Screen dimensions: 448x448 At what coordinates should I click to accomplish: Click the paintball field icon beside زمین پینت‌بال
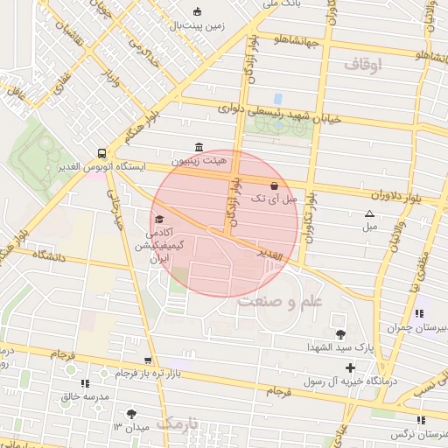point(197,11)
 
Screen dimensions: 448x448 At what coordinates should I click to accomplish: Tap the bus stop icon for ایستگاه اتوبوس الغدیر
point(102,150)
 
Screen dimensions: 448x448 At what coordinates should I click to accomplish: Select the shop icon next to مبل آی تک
point(275,185)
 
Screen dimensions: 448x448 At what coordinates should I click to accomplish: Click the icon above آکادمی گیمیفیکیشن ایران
point(158,219)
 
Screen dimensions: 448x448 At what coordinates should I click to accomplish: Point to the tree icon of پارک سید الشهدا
point(340,334)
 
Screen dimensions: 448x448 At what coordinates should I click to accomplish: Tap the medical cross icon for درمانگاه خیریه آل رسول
point(351,367)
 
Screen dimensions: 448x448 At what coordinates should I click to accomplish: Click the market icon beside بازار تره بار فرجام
point(147,360)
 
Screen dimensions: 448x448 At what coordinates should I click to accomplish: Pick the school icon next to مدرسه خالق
point(84,382)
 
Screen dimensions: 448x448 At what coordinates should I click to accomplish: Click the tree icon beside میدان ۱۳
point(131,412)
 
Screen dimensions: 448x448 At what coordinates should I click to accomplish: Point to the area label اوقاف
point(363,65)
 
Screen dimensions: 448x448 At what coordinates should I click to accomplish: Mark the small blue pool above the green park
point(278,98)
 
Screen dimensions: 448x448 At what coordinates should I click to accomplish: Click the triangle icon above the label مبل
point(369,213)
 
